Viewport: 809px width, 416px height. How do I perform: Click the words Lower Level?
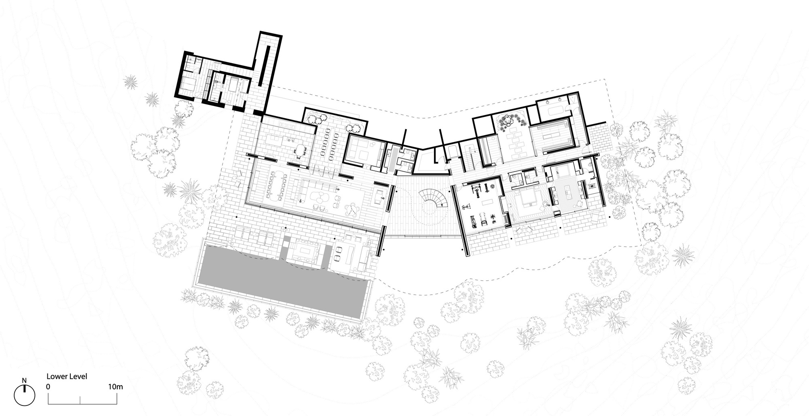click(x=67, y=376)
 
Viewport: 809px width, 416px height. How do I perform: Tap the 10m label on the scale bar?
click(x=116, y=387)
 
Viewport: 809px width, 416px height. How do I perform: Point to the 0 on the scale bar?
click(x=48, y=387)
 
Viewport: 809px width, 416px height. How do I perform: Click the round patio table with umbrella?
click(x=351, y=209)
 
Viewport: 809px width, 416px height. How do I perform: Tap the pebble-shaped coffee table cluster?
click(x=318, y=198)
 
